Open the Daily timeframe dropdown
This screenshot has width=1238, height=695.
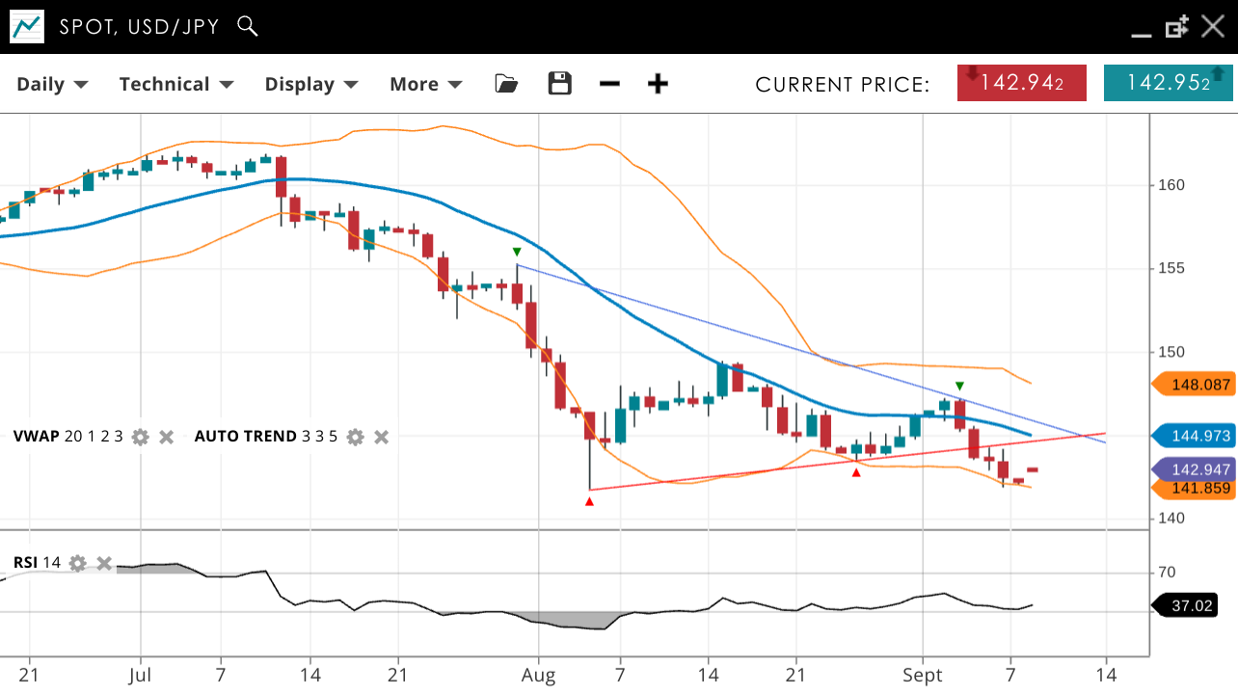click(x=52, y=84)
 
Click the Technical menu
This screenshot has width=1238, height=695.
click(x=176, y=84)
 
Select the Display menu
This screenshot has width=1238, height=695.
click(x=311, y=84)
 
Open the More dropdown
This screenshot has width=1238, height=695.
click(x=425, y=84)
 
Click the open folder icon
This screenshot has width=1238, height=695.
click(x=506, y=84)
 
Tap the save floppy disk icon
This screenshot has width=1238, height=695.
click(x=559, y=84)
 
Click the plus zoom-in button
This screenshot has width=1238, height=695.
click(x=658, y=84)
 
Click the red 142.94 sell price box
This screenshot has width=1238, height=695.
click(x=1021, y=83)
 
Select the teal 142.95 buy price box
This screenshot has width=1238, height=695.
click(x=1168, y=83)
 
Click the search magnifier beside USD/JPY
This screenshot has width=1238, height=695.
click(x=248, y=26)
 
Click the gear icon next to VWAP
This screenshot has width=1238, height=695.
click(x=141, y=437)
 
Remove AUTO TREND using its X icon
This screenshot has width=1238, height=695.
click(x=381, y=437)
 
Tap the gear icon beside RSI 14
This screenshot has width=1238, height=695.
click(x=78, y=563)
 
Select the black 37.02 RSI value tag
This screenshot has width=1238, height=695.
click(x=1189, y=605)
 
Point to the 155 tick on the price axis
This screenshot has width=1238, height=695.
click(x=1171, y=268)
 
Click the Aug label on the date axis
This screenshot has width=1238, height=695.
click(x=538, y=676)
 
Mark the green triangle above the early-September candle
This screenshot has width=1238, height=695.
click(x=959, y=387)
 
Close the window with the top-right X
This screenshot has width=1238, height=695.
click(x=1213, y=26)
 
